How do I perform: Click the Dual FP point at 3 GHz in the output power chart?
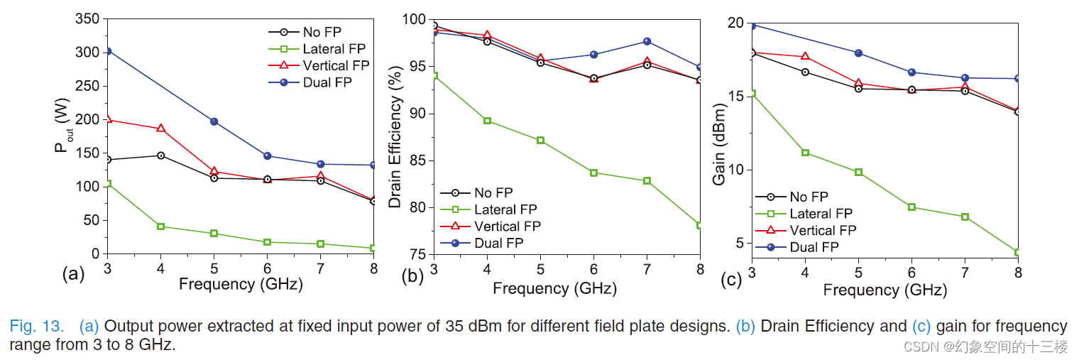107,51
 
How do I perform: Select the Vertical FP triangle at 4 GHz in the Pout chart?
160,129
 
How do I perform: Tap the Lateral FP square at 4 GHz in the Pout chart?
160,227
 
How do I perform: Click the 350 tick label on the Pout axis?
87,19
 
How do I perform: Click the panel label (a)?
74,274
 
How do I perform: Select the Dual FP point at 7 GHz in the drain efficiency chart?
647,41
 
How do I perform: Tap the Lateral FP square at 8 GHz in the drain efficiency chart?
700,225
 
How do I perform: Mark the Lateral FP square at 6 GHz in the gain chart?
911,207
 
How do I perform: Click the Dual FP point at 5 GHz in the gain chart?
858,53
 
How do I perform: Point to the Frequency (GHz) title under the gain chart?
884,290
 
